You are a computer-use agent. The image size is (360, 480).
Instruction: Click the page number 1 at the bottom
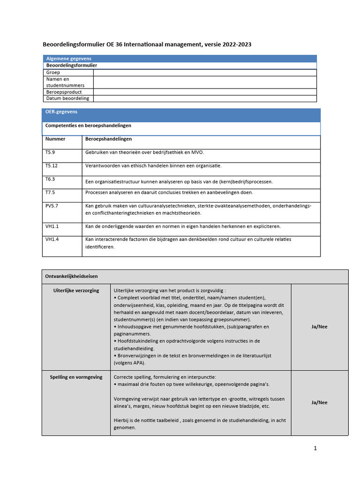[315, 448]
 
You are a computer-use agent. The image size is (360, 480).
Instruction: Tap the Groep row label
[53, 73]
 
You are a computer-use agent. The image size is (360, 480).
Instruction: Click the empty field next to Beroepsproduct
[205, 92]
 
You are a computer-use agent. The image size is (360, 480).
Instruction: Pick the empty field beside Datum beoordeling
[205, 98]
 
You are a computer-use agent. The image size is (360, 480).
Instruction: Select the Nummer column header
[55, 139]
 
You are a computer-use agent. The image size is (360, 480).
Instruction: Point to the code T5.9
[51, 152]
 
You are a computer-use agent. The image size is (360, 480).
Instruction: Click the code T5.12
[52, 166]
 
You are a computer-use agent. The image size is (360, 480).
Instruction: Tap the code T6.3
[50, 179]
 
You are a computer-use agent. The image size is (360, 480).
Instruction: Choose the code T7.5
[50, 192]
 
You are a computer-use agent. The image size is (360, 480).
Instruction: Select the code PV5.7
[52, 206]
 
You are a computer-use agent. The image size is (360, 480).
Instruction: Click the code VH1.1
[52, 226]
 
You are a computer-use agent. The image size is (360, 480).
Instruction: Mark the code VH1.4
[52, 240]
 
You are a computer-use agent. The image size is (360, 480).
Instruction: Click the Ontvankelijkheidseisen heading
[71, 277]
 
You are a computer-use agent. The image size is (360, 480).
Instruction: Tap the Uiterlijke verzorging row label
[76, 291]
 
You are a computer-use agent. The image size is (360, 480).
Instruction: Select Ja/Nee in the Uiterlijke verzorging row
[319, 327]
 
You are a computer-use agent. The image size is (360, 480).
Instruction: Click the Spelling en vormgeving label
[76, 377]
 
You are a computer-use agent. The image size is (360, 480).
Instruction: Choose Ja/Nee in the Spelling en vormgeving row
[319, 402]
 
